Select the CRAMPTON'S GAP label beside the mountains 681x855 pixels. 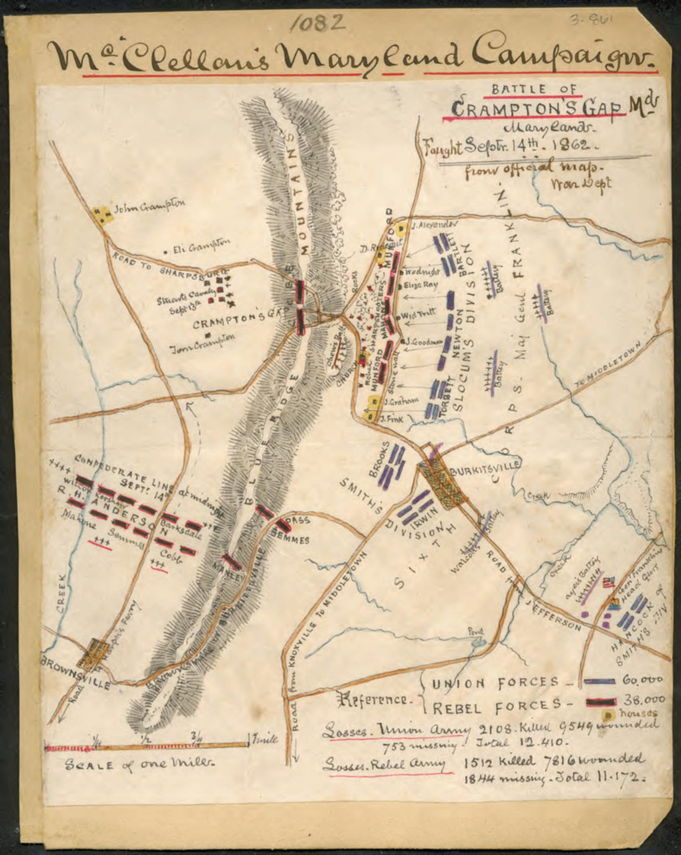coord(236,323)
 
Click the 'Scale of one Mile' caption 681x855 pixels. coord(139,764)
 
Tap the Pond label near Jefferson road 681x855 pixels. coord(476,633)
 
